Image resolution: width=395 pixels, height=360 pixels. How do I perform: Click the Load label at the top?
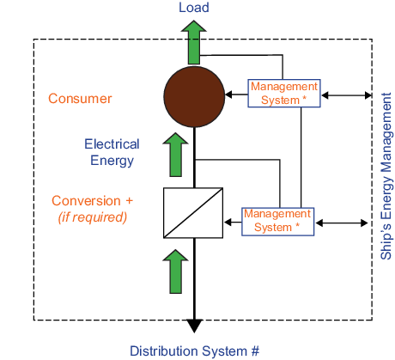pyautogui.click(x=194, y=8)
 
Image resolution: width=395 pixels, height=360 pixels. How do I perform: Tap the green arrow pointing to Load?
pyautogui.click(x=194, y=42)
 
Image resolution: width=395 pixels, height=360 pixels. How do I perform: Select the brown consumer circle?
pyautogui.click(x=194, y=97)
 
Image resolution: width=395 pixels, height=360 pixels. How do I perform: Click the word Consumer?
pyautogui.click(x=80, y=99)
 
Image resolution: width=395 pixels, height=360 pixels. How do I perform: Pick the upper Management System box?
pyautogui.click(x=284, y=94)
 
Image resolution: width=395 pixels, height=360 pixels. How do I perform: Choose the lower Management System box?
pyautogui.click(x=277, y=222)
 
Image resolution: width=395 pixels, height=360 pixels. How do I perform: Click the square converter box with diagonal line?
pyautogui.click(x=193, y=213)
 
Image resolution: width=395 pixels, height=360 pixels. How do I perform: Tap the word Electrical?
pyautogui.click(x=112, y=144)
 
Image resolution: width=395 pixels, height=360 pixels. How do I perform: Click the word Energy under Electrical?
pyautogui.click(x=112, y=161)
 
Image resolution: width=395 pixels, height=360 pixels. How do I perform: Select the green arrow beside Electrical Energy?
pyautogui.click(x=175, y=155)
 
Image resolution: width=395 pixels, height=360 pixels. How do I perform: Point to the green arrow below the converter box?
pyautogui.click(x=175, y=272)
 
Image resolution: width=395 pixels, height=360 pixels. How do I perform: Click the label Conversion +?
pyautogui.click(x=92, y=201)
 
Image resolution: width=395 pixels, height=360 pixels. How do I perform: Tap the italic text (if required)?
pyautogui.click(x=93, y=217)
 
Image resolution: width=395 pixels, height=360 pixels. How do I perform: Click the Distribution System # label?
pyautogui.click(x=194, y=351)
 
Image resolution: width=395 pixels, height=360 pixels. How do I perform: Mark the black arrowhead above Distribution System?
pyautogui.click(x=194, y=326)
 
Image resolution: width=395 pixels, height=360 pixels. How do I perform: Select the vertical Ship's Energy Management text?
pyautogui.click(x=386, y=176)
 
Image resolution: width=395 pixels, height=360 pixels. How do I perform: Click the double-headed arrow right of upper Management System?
pyautogui.click(x=346, y=95)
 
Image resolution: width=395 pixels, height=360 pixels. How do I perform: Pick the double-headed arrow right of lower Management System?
pyautogui.click(x=342, y=223)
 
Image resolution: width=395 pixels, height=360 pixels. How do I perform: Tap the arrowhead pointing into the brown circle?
pyautogui.click(x=228, y=95)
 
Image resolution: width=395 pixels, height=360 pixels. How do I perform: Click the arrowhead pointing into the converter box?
pyautogui.click(x=228, y=222)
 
